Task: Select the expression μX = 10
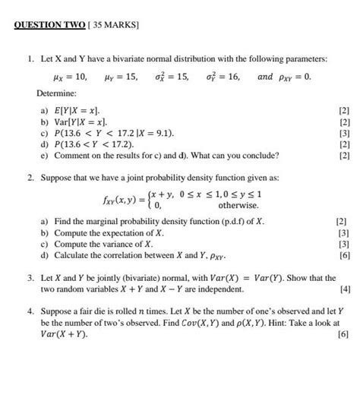pos(67,77)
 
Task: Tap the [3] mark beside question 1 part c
pos(344,133)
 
